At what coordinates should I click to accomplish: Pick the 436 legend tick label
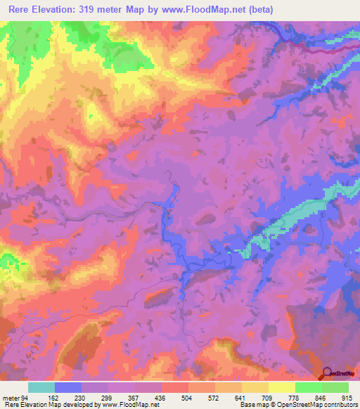tap(162, 398)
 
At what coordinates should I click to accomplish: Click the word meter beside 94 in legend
tap(12, 398)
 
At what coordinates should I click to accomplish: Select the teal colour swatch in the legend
tap(41, 387)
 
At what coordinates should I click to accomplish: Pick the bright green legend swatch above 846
tap(309, 387)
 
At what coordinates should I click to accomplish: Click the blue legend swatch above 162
tap(68, 387)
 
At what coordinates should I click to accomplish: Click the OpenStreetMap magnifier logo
tap(326, 372)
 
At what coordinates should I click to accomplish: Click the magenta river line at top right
tap(330, 51)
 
